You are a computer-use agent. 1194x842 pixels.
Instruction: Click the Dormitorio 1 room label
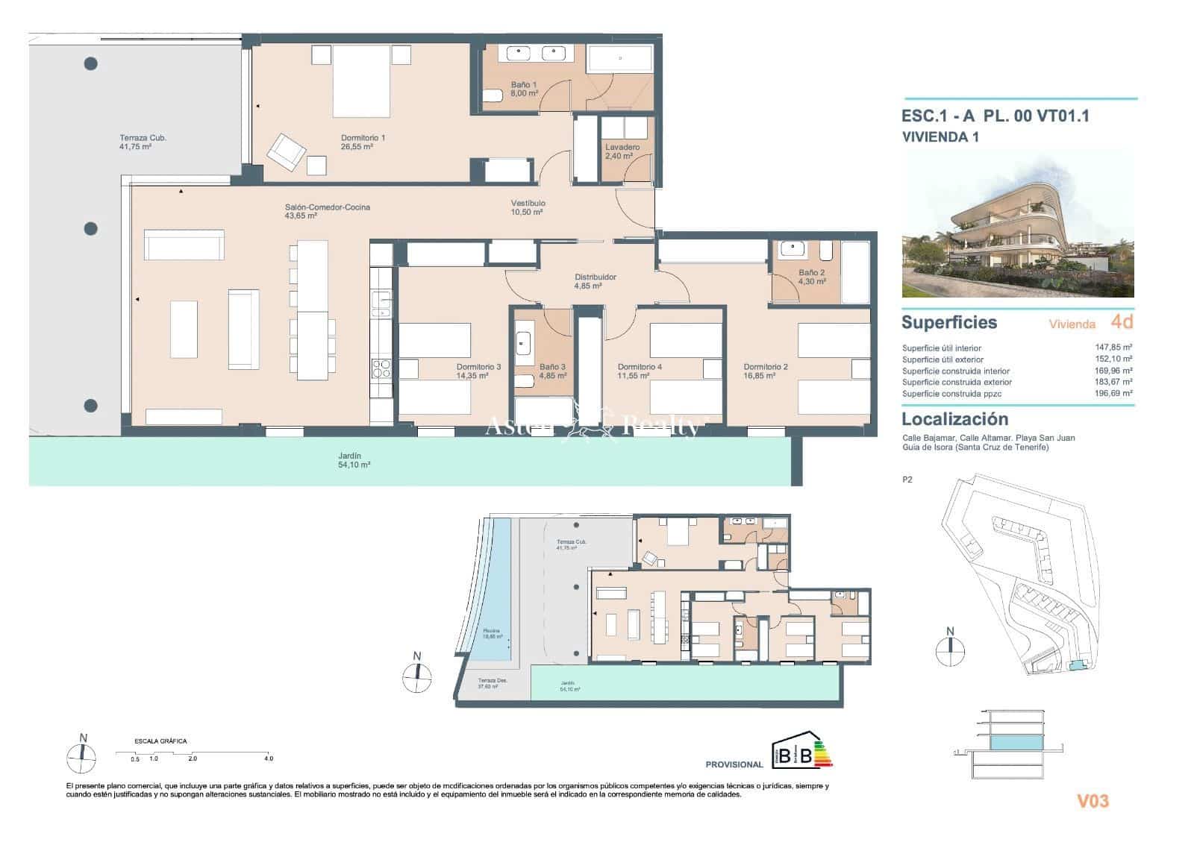coord(363,142)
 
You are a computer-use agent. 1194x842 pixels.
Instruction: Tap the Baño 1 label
coord(523,89)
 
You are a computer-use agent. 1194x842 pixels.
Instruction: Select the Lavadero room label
coord(622,151)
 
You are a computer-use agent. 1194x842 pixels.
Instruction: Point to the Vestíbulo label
coord(528,207)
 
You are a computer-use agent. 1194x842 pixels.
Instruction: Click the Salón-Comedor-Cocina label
coord(327,211)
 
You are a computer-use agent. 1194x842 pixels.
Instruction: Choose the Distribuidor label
coord(595,281)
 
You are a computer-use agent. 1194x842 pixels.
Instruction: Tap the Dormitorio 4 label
coord(640,371)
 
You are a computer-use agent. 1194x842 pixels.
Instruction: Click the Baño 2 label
coord(811,277)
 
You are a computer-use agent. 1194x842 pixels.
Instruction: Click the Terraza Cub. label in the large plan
coord(143,142)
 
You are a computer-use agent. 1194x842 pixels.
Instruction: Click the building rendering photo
coord(1018,224)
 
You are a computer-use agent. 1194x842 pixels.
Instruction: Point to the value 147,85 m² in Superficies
coord(1116,348)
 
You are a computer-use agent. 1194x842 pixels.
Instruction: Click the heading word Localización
coord(954,419)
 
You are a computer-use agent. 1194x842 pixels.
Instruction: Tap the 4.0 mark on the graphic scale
coord(269,758)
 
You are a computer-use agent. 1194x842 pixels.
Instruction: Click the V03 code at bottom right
coord(1093,801)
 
